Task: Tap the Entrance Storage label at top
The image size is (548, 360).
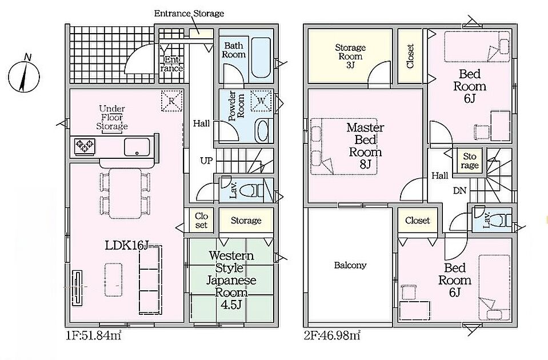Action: (189, 13)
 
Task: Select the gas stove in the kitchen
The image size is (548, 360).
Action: (85, 145)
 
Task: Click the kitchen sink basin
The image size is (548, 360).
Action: (137, 147)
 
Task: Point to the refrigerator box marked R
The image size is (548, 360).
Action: (172, 101)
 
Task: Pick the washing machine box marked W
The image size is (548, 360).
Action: (262, 101)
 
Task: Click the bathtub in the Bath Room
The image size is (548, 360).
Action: (261, 58)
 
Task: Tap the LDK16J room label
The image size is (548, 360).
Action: (126, 246)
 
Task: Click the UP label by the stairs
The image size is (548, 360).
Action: (206, 161)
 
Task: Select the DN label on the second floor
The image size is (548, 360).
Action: (459, 190)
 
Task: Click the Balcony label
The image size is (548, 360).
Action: (350, 265)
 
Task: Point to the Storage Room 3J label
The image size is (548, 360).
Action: (350, 56)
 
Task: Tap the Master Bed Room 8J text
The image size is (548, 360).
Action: (365, 146)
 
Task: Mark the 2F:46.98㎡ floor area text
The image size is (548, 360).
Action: (332, 335)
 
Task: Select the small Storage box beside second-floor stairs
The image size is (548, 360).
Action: (469, 161)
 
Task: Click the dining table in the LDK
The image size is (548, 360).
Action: (125, 193)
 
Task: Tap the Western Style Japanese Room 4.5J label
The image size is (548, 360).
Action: (231, 279)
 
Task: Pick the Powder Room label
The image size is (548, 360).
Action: (237, 106)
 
